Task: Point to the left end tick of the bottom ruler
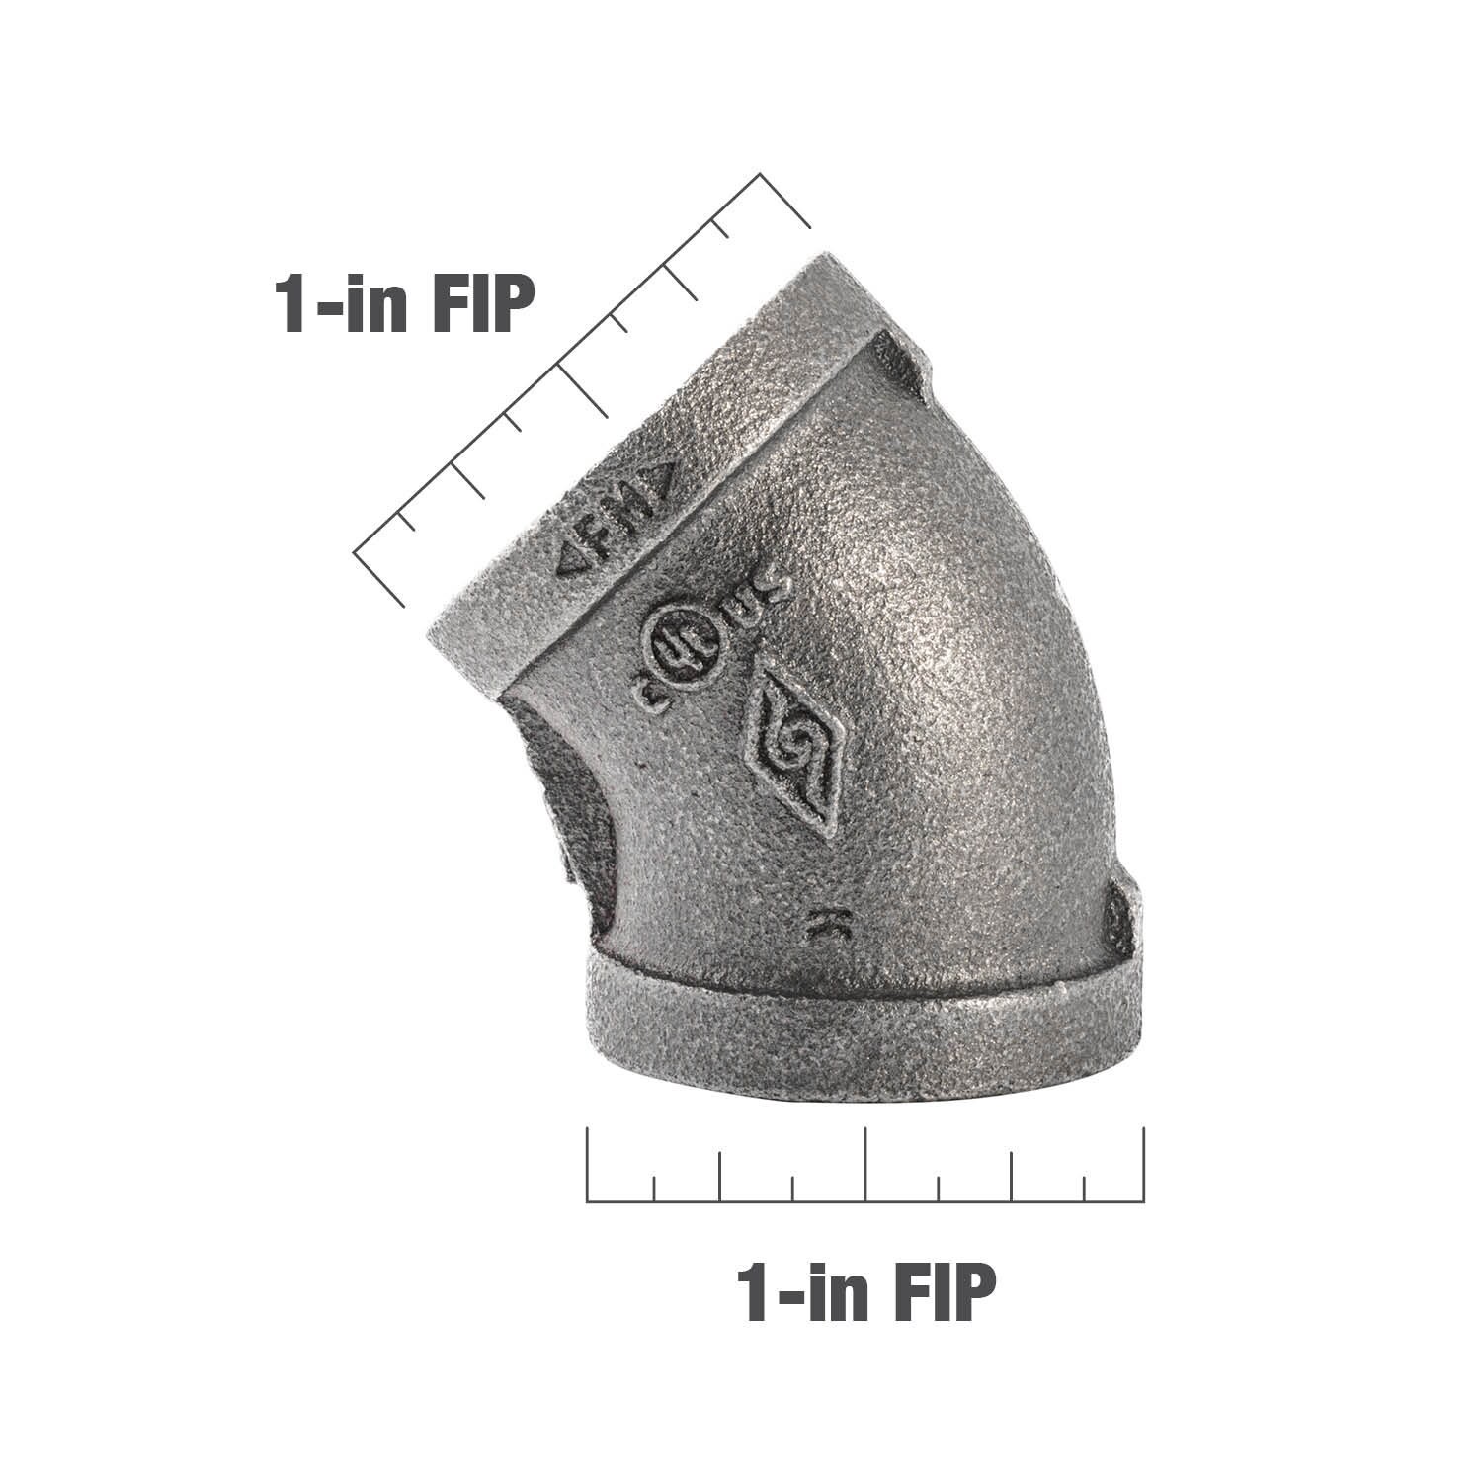(x=588, y=1166)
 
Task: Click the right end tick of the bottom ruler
(x=1144, y=1166)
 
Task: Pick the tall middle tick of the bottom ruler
(x=865, y=1166)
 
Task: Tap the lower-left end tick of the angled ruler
(x=379, y=577)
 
